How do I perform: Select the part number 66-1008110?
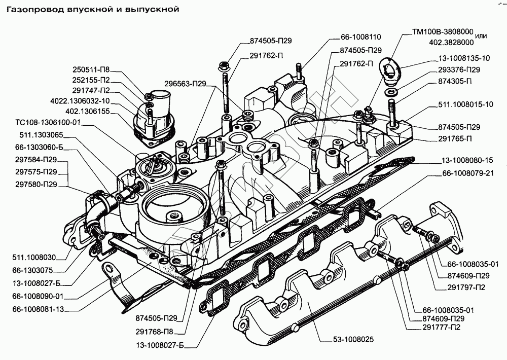click(x=360, y=37)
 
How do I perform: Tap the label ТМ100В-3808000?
click(x=443, y=32)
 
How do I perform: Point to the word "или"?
click(x=481, y=36)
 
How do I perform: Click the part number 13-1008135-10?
click(x=464, y=58)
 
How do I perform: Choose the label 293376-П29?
click(x=459, y=69)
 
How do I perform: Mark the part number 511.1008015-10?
click(x=465, y=104)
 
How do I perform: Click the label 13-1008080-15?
click(x=467, y=160)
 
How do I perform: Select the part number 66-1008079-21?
click(x=468, y=173)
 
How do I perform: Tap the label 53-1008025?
click(x=353, y=339)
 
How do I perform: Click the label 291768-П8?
click(x=154, y=332)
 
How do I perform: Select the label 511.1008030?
click(x=34, y=258)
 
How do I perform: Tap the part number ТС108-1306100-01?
click(x=48, y=123)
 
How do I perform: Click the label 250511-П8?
click(x=91, y=69)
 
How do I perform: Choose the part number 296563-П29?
click(x=185, y=84)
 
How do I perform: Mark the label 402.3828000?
click(x=451, y=43)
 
